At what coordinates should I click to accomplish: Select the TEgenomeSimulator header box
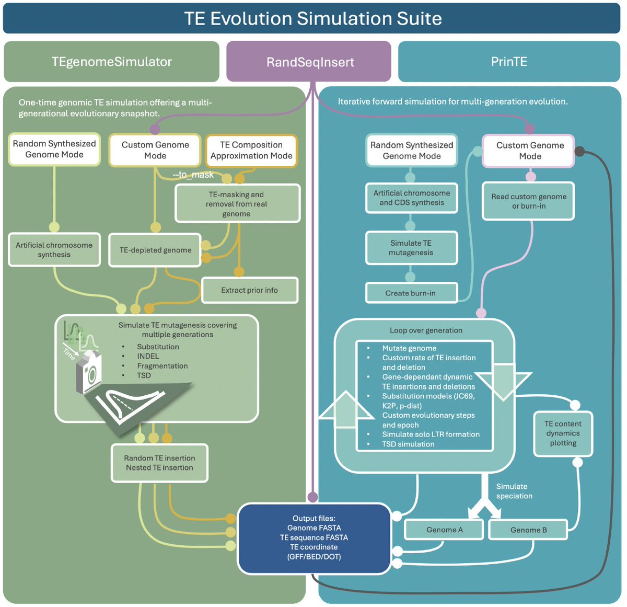(x=111, y=62)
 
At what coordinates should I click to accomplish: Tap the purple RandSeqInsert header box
(x=309, y=62)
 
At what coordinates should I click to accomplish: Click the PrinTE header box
(x=508, y=62)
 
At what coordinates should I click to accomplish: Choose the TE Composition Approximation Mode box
(x=251, y=151)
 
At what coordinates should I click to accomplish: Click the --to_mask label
(x=193, y=175)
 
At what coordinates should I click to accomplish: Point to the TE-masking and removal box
(x=237, y=204)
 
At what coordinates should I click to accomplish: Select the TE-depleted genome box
(x=155, y=250)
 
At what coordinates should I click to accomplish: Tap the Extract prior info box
(x=249, y=290)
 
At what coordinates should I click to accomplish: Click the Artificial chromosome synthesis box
(x=54, y=250)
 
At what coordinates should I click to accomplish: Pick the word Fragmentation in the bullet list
(x=162, y=366)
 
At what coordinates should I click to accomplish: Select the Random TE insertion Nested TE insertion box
(x=159, y=463)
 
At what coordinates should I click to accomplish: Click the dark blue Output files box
(x=314, y=537)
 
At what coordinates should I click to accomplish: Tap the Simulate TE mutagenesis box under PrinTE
(x=411, y=248)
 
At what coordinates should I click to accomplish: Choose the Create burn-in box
(x=411, y=293)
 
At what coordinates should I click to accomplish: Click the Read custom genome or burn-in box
(x=528, y=201)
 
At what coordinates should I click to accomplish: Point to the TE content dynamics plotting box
(x=563, y=433)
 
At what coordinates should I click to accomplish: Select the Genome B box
(x=528, y=530)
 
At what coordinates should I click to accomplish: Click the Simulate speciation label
(x=514, y=491)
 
